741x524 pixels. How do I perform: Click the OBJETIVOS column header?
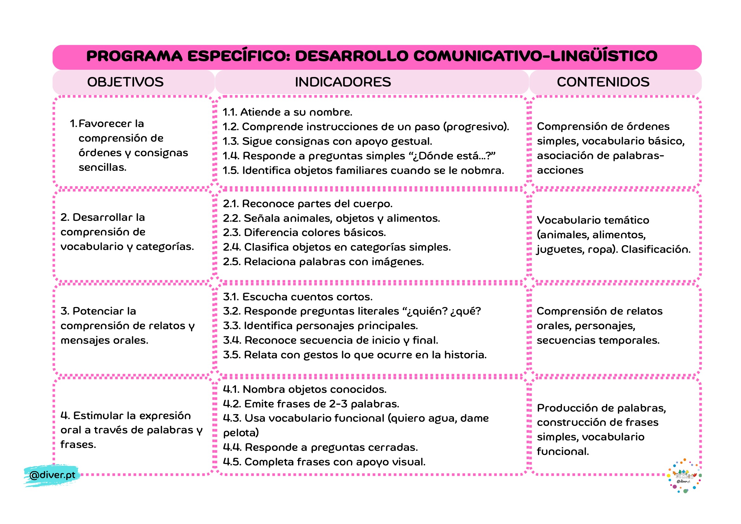[125, 82]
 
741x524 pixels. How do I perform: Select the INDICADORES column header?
[343, 82]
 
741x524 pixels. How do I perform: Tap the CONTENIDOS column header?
[603, 82]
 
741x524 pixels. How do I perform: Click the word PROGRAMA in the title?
[134, 56]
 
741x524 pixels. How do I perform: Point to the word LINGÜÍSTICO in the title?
[604, 56]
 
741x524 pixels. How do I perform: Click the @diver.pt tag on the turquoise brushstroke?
[52, 475]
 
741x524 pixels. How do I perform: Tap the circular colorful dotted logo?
[684, 476]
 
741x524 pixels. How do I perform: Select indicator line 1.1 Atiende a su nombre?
[287, 112]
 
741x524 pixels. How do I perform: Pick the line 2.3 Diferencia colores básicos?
[304, 232]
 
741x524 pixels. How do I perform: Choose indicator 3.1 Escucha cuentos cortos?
[297, 297]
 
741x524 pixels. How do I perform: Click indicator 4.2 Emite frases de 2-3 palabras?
[311, 404]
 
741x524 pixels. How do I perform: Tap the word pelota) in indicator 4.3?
[241, 433]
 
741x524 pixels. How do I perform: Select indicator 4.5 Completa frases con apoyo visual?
[324, 462]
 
